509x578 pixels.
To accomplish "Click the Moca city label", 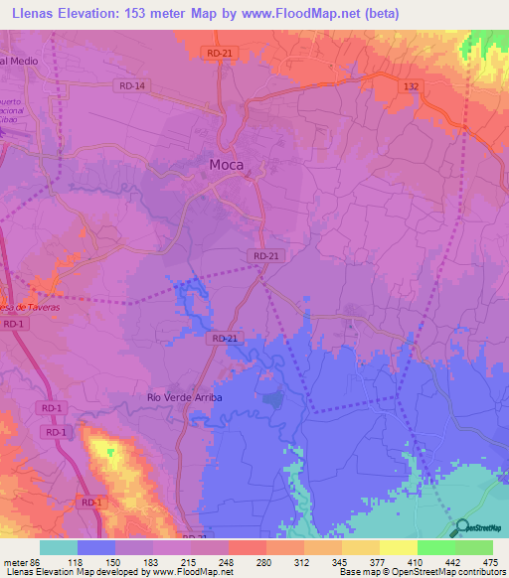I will (227, 166).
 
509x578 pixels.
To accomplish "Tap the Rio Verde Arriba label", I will (184, 397).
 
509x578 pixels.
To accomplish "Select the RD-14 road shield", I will (129, 86).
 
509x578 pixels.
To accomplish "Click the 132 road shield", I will (411, 87).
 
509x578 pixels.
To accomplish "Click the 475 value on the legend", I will (489, 561).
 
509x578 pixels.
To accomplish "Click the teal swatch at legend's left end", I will (59, 547).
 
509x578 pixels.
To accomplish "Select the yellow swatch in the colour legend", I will (398, 547).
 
